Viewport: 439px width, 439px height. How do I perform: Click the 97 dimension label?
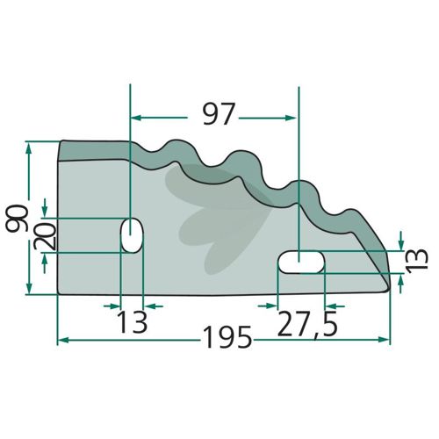point(219,114)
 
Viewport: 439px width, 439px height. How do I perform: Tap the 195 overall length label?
point(227,337)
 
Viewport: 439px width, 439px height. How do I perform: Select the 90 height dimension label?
point(17,219)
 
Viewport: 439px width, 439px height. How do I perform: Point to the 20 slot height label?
point(45,236)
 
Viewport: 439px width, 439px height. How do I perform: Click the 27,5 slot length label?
point(307,324)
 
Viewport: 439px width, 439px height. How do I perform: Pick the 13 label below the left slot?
point(132,322)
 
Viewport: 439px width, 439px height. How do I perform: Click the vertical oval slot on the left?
point(132,235)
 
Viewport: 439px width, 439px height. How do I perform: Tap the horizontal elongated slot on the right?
point(301,262)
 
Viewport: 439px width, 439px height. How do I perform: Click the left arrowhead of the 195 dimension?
point(62,340)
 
